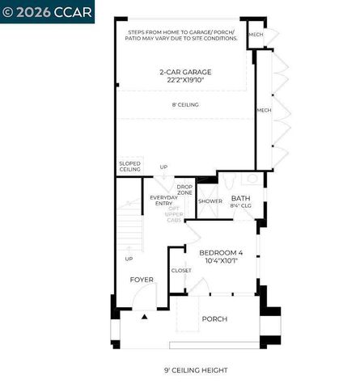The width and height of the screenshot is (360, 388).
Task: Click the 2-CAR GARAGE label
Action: [x=185, y=72]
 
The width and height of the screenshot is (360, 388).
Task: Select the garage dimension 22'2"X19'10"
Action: [x=185, y=81]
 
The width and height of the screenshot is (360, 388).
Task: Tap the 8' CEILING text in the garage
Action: [x=185, y=105]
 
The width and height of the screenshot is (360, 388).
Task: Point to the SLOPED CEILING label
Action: [x=129, y=166]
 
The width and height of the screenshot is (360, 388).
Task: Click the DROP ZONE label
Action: [x=184, y=190]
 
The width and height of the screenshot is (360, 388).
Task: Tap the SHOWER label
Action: [x=210, y=201]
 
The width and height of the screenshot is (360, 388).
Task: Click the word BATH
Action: [x=240, y=198]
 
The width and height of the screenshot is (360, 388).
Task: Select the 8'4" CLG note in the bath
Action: [x=240, y=206]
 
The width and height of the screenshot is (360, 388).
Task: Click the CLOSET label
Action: [x=181, y=271]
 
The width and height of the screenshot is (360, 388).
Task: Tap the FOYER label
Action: [x=142, y=280]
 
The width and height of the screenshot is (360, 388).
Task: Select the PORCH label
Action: [x=214, y=318]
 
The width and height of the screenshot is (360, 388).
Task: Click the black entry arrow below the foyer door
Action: [x=145, y=317]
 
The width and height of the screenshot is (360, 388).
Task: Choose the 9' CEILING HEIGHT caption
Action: [x=197, y=371]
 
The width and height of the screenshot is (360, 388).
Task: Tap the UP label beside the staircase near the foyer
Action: [x=129, y=259]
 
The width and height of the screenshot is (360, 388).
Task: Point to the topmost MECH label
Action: [x=256, y=34]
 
